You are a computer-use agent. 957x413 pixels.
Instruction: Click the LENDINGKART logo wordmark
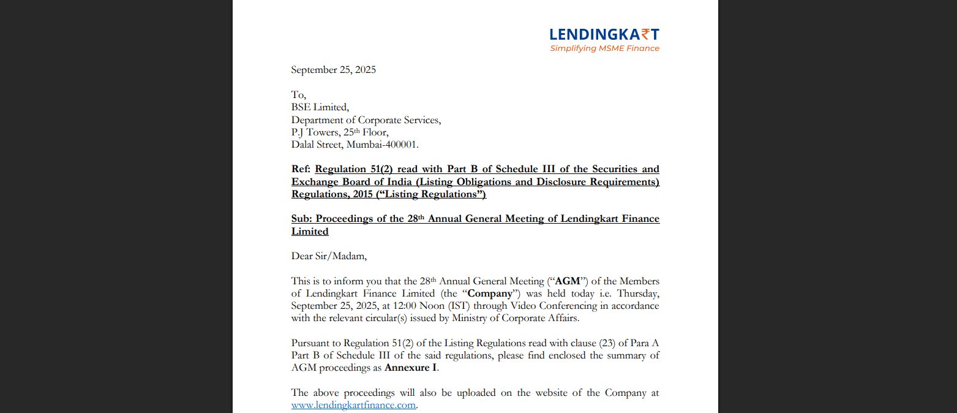[x=604, y=34]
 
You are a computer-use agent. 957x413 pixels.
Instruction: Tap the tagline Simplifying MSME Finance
[x=604, y=48]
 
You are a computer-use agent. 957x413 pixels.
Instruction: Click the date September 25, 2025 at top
[x=333, y=70]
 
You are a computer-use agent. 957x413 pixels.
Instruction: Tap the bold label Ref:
[x=301, y=169]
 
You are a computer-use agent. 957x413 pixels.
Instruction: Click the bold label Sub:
[x=302, y=219]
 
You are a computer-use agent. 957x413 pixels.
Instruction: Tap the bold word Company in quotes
[x=494, y=294]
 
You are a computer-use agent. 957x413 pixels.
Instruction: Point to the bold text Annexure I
[x=410, y=368]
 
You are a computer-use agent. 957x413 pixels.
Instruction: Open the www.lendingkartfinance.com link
[x=353, y=406]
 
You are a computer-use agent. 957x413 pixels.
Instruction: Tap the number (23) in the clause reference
[x=602, y=343]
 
